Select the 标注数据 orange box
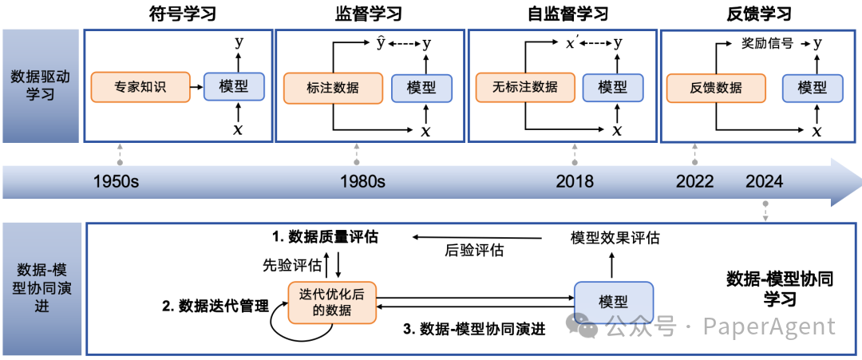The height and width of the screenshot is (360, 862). click(x=332, y=88)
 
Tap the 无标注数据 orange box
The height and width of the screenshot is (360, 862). click(x=524, y=87)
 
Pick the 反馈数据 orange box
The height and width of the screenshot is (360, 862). click(x=716, y=88)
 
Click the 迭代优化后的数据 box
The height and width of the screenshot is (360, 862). click(x=331, y=302)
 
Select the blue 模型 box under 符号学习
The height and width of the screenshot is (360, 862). click(x=234, y=86)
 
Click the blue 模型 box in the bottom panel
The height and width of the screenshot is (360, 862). click(x=613, y=302)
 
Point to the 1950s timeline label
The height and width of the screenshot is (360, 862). click(x=117, y=181)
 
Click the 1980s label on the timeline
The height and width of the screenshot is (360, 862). click(x=362, y=181)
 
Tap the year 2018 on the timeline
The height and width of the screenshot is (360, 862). click(x=575, y=181)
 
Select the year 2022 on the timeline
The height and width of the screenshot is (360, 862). click(x=694, y=181)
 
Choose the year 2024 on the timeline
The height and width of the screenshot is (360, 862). click(x=765, y=181)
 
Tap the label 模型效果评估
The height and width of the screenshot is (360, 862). click(x=615, y=237)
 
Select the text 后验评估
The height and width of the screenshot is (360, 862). click(x=474, y=251)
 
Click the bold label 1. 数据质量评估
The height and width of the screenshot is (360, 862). click(x=324, y=237)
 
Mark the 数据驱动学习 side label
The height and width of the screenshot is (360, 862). click(x=42, y=86)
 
